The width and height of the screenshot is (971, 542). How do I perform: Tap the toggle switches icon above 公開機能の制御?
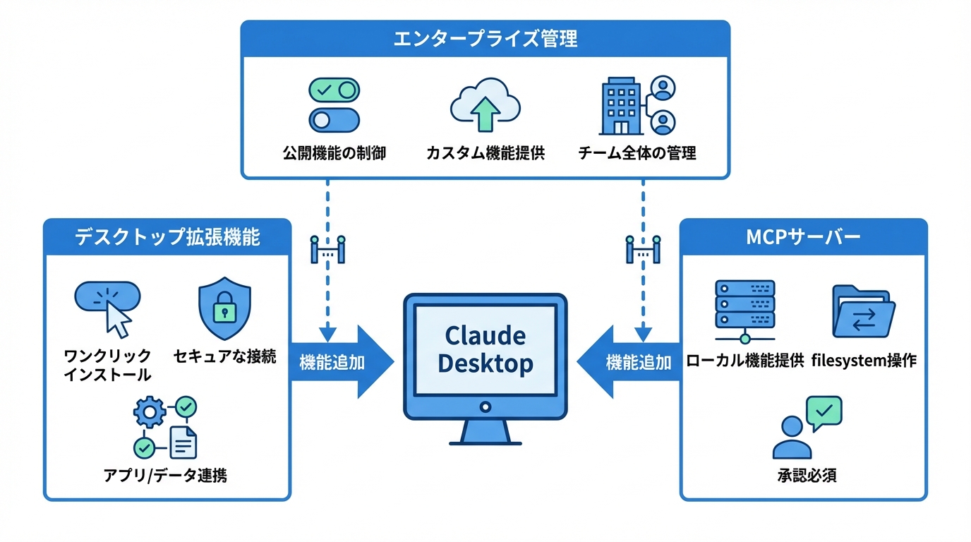[334, 104]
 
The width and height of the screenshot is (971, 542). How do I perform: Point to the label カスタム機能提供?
[485, 153]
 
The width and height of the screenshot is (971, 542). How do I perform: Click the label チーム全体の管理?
[637, 153]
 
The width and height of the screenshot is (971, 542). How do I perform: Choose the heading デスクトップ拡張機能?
[167, 236]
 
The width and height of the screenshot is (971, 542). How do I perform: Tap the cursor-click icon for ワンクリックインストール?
[108, 307]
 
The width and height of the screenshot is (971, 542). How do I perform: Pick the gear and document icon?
[165, 428]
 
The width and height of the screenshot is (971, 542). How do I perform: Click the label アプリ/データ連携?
[165, 475]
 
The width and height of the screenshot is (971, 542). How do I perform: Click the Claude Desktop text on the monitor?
[485, 349]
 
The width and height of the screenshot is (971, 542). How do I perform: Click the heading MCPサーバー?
[803, 236]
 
